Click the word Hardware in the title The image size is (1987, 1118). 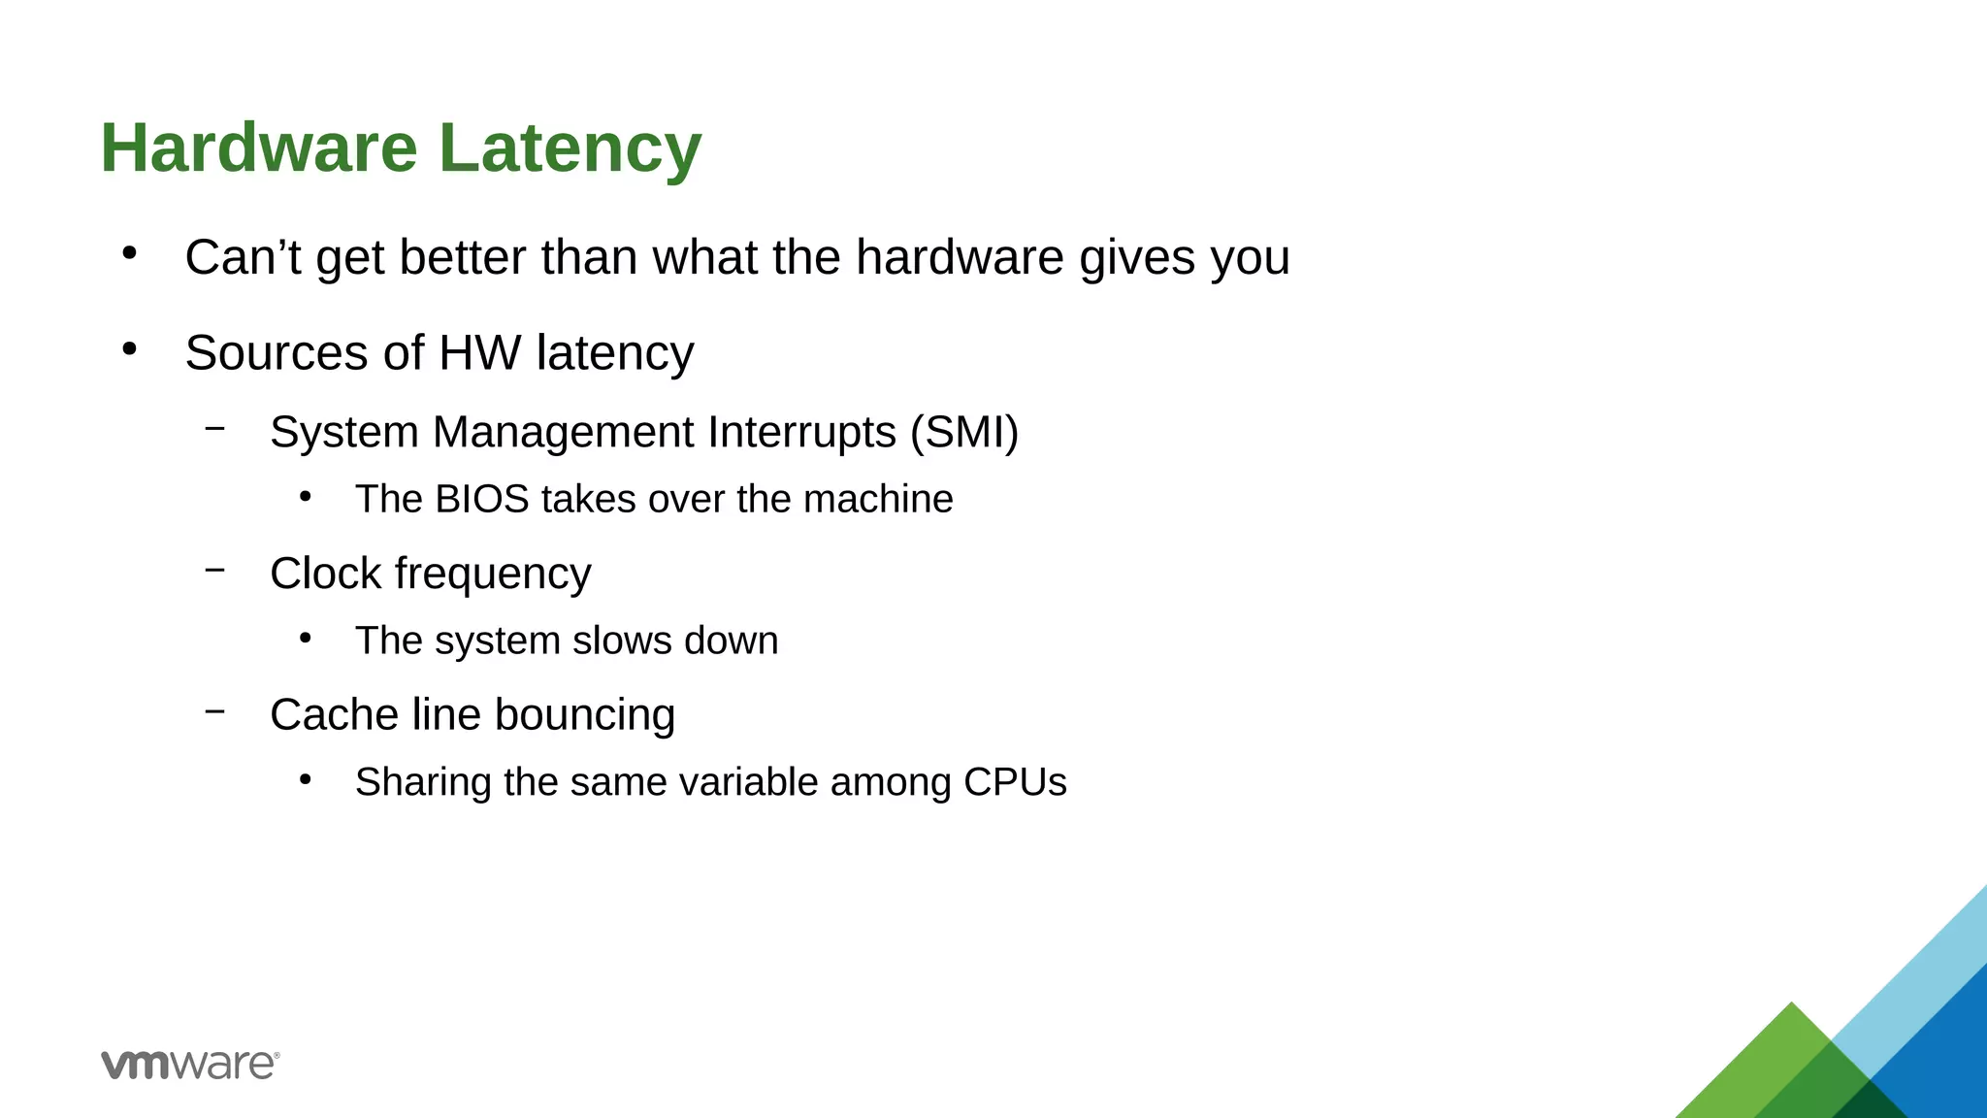[x=259, y=148]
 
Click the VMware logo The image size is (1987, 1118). [x=190, y=1065]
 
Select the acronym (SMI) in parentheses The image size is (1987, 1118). [x=964, y=433]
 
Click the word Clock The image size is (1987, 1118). [x=325, y=574]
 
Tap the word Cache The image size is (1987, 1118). [x=334, y=715]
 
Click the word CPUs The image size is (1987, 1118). [x=1015, y=782]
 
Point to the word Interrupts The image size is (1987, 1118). [x=802, y=433]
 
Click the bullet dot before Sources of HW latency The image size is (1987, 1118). [x=130, y=348]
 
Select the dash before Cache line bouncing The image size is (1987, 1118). [x=215, y=711]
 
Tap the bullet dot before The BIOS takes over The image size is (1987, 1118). [x=306, y=497]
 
